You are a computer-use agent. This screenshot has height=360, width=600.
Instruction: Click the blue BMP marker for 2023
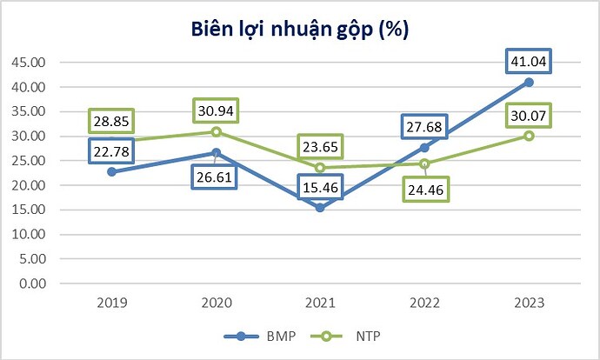tap(529, 82)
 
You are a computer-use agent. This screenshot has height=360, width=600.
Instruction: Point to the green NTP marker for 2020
tap(217, 131)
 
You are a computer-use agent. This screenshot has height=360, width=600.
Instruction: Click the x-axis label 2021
tap(321, 303)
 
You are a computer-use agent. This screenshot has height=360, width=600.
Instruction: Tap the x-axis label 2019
tap(113, 303)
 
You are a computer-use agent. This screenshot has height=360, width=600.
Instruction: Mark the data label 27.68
tap(425, 128)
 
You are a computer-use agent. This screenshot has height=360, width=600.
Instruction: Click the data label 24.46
tap(424, 189)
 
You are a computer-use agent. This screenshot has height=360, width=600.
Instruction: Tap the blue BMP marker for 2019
tap(112, 171)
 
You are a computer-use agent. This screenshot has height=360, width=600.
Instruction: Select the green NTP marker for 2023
tap(529, 136)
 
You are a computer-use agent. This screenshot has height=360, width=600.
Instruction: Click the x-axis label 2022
tap(425, 303)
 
